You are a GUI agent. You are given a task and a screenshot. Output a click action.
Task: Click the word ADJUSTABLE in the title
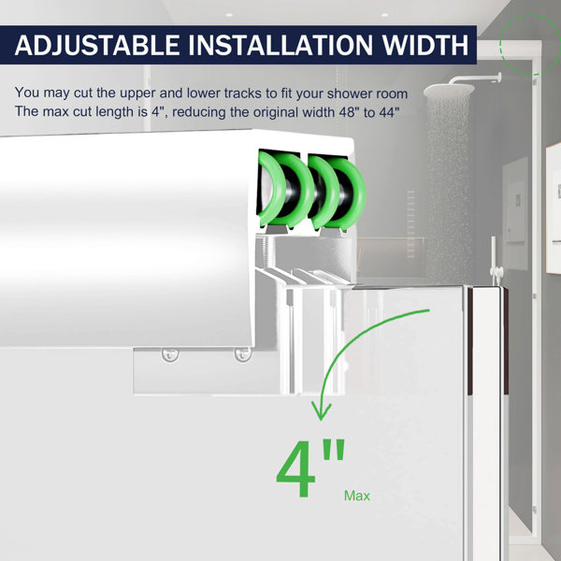tap(97, 45)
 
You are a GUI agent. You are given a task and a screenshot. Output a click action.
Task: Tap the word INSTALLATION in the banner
tap(280, 45)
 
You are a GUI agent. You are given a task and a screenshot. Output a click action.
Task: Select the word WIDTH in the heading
tap(425, 45)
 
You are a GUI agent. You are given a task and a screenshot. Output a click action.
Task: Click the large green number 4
tap(295, 469)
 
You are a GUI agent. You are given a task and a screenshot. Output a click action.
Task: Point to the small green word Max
tap(357, 496)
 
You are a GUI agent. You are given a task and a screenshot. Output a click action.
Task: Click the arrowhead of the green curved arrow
tap(321, 410)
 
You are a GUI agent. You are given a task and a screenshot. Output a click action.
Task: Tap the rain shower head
tap(449, 90)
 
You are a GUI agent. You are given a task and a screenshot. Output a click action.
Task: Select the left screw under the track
tap(170, 354)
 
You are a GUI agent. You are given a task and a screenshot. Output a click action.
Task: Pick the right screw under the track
tap(242, 354)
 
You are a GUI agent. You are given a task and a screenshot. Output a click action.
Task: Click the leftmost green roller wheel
tap(273, 189)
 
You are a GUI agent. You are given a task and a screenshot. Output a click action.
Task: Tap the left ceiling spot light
tap(229, 15)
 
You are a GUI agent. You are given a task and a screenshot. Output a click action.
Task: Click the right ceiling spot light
tap(384, 15)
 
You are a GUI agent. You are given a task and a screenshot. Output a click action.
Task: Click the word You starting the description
tap(27, 93)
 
